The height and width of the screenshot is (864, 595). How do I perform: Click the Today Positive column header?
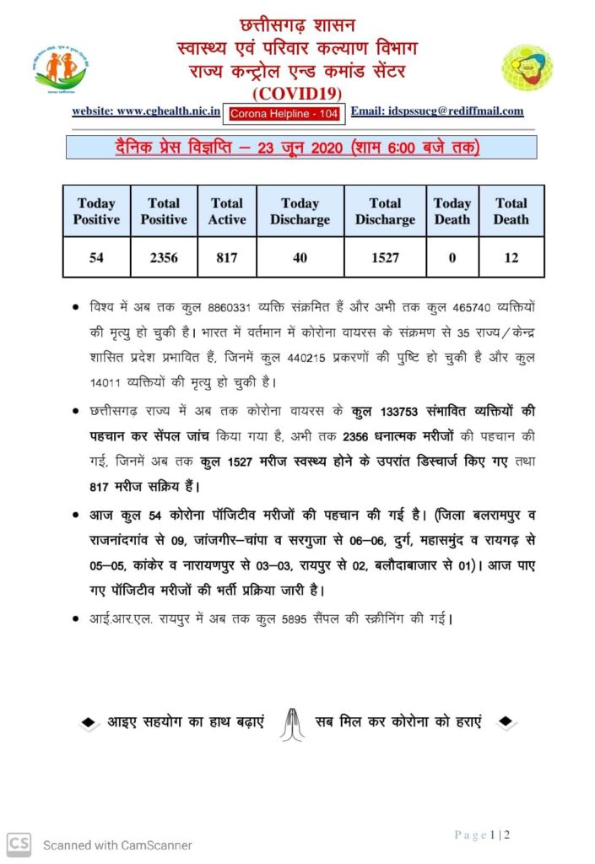point(96,211)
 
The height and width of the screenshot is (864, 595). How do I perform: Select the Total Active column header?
point(227,211)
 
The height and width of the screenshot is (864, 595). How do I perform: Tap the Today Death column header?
point(452,211)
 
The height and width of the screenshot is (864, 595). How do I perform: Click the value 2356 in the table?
point(163,257)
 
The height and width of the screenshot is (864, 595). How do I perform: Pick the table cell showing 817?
point(227,257)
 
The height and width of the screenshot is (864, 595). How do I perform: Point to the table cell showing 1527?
point(385,257)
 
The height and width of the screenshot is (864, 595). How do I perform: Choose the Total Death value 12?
point(511,257)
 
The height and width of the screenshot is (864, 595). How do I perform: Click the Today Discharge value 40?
point(300,257)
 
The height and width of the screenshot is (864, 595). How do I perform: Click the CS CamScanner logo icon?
point(19,844)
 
